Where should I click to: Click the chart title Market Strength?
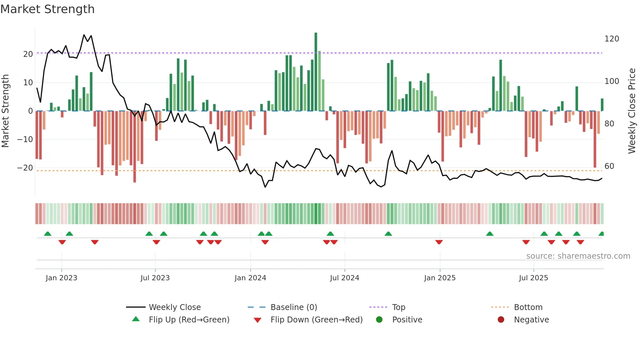point(47,9)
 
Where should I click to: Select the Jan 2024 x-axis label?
point(250,278)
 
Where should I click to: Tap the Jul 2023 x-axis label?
point(155,278)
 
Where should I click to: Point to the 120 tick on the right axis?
point(612,39)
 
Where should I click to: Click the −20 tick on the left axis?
point(25,168)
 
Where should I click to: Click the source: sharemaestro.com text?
point(578,256)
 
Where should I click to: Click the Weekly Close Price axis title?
point(632,111)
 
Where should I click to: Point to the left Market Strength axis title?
point(5,111)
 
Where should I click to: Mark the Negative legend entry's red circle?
point(501,320)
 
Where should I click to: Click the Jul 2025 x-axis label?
point(533,278)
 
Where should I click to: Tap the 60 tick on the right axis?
point(609,166)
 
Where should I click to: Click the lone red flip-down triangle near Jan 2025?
point(439,242)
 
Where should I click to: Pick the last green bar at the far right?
point(602,105)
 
